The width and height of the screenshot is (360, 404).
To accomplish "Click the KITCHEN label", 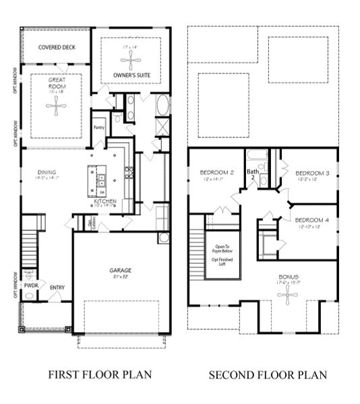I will point(105,201).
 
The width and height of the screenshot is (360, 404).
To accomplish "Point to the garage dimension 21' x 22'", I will point(121,277).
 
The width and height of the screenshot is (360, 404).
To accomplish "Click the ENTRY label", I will point(57,288).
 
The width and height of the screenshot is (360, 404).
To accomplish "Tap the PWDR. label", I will point(30,285).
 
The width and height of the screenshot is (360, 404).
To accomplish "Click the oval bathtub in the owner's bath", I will point(162,106).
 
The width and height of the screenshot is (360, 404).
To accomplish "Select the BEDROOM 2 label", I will point(216,173).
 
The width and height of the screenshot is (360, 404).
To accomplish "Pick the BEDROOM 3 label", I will point(312,173).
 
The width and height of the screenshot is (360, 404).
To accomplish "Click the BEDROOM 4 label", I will point(312,220).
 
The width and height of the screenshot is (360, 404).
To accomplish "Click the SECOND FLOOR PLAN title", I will point(268,374).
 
